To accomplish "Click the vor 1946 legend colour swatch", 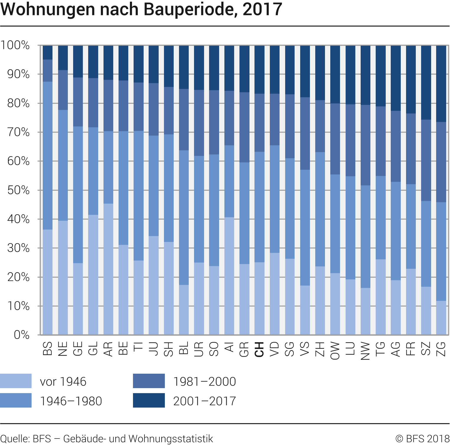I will pos(16,381).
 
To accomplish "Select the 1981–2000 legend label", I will pos(204,381).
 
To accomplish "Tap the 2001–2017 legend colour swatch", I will pos(149,400).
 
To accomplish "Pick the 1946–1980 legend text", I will pos(71,401).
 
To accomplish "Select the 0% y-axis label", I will pos(22,335).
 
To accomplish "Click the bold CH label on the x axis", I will pos(259,349).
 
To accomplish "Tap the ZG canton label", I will pos(441,349).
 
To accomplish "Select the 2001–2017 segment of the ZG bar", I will pos(441,84).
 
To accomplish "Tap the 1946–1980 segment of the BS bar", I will pos(47,155).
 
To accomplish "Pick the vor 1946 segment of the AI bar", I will pos(229,276).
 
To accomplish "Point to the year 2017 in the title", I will pos(262,9).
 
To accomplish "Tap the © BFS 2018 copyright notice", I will pos(422,439).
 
